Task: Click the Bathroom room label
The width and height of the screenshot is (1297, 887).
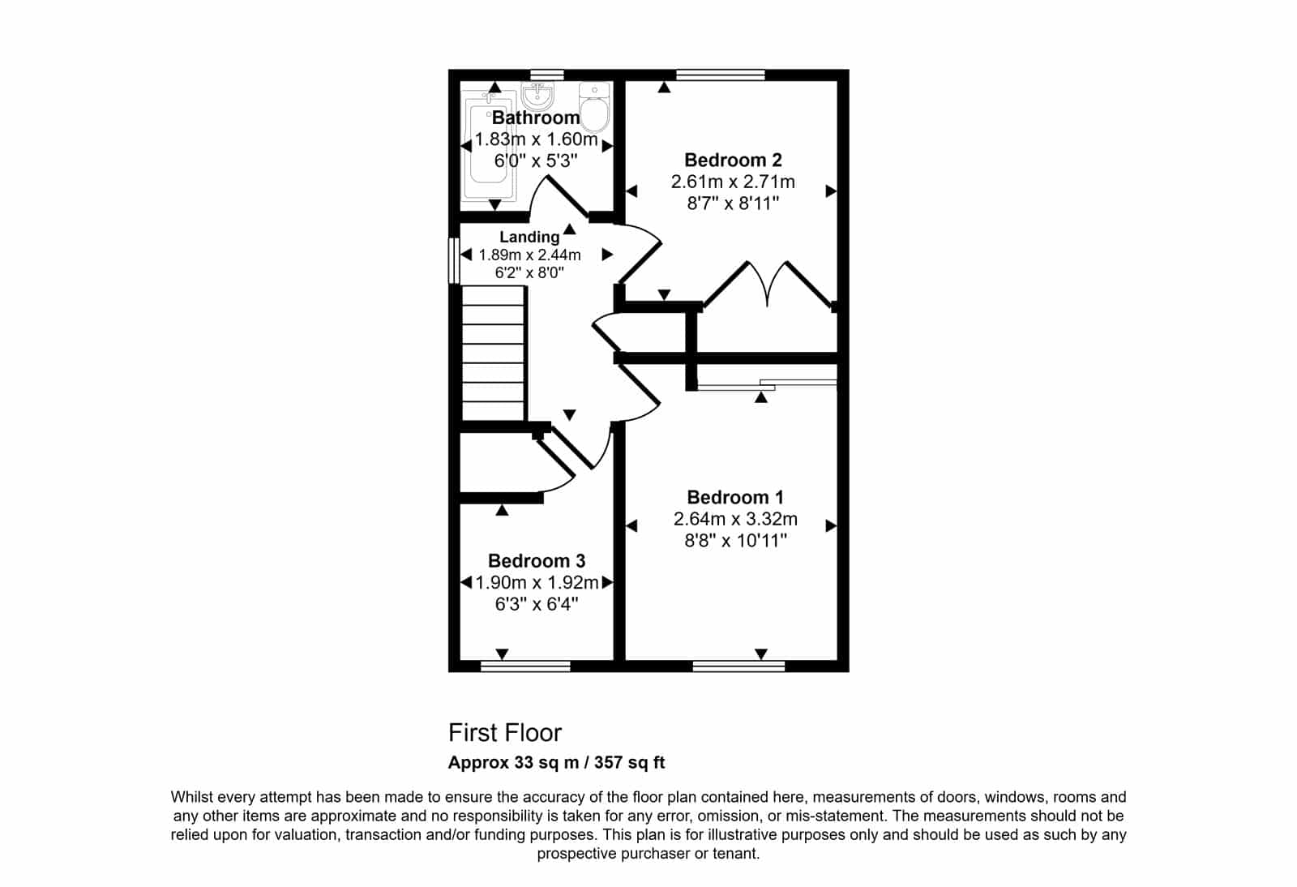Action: click(x=536, y=118)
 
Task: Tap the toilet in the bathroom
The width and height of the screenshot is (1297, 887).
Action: click(x=595, y=106)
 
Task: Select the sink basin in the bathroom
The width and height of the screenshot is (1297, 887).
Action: click(x=538, y=96)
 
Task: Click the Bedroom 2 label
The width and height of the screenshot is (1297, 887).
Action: click(x=733, y=160)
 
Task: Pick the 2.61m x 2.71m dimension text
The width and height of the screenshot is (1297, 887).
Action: click(x=733, y=182)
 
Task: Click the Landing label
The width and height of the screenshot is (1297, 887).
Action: click(x=529, y=237)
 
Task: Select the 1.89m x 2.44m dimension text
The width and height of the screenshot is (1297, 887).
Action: click(x=530, y=255)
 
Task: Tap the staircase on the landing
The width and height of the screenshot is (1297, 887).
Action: click(x=494, y=354)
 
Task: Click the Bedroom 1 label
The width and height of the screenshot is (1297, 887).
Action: click(x=735, y=497)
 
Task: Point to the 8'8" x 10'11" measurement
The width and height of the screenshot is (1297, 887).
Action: click(x=735, y=541)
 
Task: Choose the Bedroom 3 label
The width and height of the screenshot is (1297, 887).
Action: click(x=536, y=561)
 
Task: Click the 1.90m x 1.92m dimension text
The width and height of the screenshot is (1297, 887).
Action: click(x=537, y=582)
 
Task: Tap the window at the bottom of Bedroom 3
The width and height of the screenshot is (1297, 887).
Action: click(x=526, y=666)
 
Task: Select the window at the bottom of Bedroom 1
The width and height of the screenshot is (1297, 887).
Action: click(x=738, y=666)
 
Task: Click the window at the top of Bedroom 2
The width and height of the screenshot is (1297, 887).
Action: click(x=721, y=75)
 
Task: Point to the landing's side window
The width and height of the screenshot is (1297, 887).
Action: click(x=455, y=261)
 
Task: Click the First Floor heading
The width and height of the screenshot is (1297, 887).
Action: click(x=505, y=733)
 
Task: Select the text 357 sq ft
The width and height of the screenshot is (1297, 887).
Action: click(x=629, y=762)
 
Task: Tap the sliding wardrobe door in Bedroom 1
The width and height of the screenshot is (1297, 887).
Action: click(x=767, y=385)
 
